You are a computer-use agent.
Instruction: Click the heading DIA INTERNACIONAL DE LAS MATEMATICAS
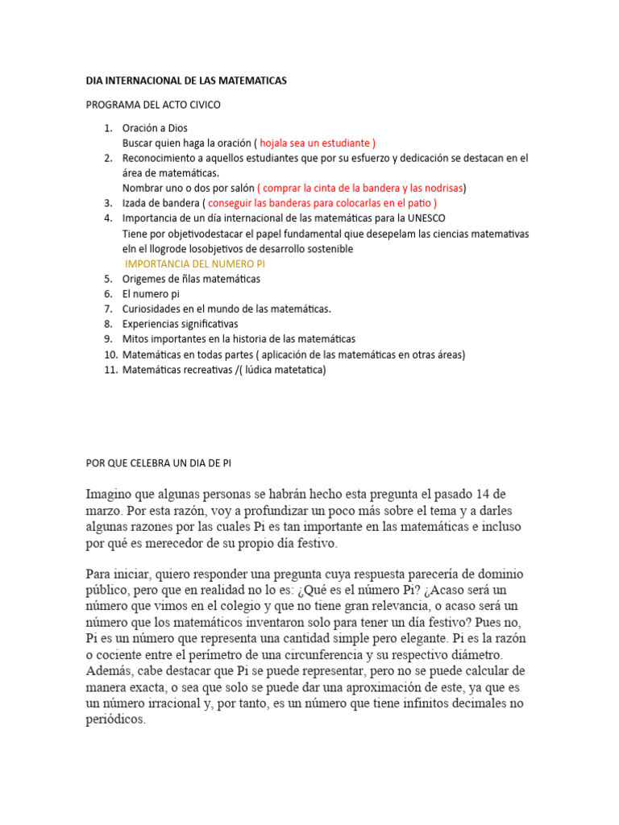tap(186, 81)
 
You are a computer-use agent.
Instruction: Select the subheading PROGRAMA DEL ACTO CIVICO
tap(152, 105)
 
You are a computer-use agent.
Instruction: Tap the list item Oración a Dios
tap(155, 128)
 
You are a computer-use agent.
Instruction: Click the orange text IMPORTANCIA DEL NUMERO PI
tap(195, 263)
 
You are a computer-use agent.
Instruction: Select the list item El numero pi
tap(151, 294)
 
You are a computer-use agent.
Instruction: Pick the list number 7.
tap(108, 309)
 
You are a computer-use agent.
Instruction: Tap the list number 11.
tap(110, 370)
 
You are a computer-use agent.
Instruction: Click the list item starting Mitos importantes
tap(239, 339)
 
